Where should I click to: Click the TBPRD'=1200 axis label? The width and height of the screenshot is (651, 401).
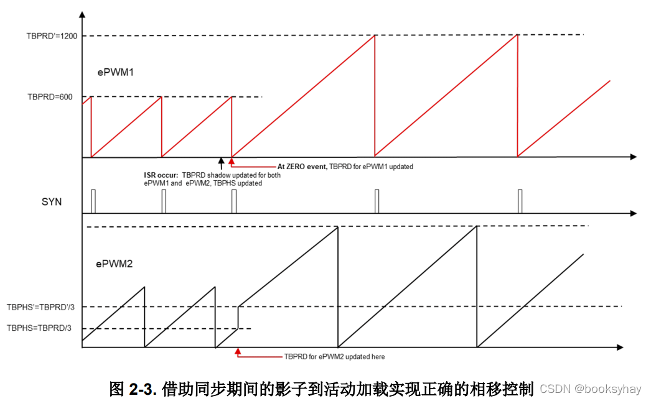pyautogui.click(x=52, y=35)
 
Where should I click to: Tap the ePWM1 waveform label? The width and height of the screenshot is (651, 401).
pyautogui.click(x=116, y=72)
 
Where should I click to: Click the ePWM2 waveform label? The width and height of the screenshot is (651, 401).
pyautogui.click(x=115, y=264)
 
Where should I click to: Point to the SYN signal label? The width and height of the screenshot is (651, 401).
pyautogui.click(x=52, y=201)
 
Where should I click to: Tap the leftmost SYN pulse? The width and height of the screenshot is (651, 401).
pyautogui.click(x=92, y=201)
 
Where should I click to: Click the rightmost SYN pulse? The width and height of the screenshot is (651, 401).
pyautogui.click(x=520, y=201)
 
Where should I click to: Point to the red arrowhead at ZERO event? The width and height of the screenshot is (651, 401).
pyautogui.click(x=232, y=162)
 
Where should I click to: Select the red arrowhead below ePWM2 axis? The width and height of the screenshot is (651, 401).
pyautogui.click(x=238, y=351)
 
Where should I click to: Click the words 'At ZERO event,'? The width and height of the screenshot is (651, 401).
pyautogui.click(x=301, y=167)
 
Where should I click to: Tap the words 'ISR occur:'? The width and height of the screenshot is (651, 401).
pyautogui.click(x=161, y=175)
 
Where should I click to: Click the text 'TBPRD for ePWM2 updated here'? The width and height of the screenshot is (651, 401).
pyautogui.click(x=334, y=357)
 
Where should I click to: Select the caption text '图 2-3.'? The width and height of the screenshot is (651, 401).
pyautogui.click(x=133, y=389)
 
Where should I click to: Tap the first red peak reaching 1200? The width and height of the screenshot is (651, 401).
pyautogui.click(x=375, y=35)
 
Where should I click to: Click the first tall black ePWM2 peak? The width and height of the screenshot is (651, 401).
pyautogui.click(x=337, y=228)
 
